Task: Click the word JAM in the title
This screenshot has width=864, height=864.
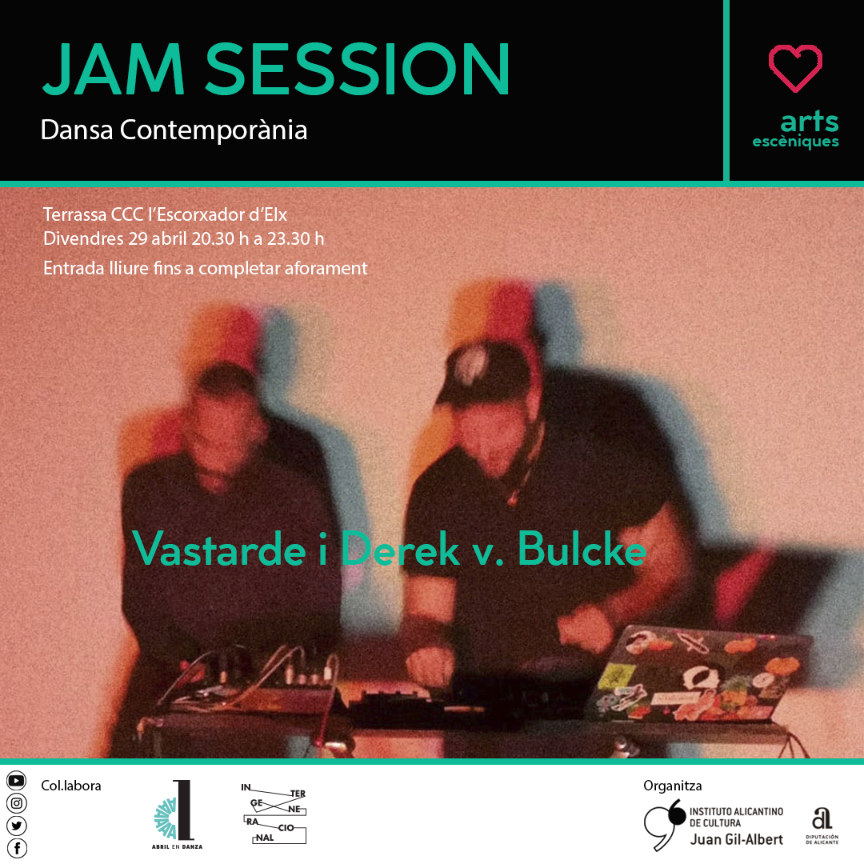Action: click(x=113, y=69)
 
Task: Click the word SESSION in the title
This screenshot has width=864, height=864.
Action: click(x=358, y=69)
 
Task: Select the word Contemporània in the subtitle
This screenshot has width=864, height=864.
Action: click(x=214, y=130)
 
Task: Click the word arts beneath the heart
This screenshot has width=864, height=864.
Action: click(x=810, y=121)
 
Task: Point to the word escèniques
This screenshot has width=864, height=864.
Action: click(x=796, y=142)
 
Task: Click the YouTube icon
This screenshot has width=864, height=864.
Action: click(x=17, y=780)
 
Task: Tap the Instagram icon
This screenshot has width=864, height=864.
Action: click(x=17, y=803)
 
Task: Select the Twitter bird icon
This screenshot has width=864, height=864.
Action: click(x=17, y=826)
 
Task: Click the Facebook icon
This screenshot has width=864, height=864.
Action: click(x=17, y=848)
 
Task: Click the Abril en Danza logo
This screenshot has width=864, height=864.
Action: click(x=177, y=814)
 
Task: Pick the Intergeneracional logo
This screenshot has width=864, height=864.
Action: click(x=274, y=813)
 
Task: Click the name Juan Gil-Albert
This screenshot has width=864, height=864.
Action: click(x=736, y=839)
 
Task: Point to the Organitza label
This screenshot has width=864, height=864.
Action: click(x=672, y=786)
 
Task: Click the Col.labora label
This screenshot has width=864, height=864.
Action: click(x=71, y=786)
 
